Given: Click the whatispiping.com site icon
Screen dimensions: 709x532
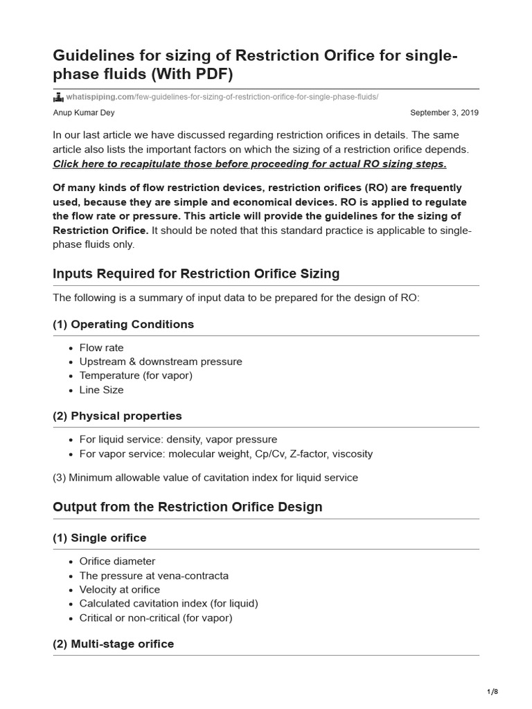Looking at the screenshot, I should (x=58, y=97).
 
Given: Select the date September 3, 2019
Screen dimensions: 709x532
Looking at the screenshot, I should (x=444, y=112).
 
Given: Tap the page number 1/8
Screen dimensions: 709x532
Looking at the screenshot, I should (x=493, y=692).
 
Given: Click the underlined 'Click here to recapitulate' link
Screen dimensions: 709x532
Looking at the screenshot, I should (x=249, y=164).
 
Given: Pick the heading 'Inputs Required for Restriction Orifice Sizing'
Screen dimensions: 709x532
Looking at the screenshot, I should (x=196, y=273).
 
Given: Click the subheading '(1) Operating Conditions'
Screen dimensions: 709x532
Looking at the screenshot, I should (x=123, y=325).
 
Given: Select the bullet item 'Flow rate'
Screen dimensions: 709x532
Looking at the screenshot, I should (x=101, y=348).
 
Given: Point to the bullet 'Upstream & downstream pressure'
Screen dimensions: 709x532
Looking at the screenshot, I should (x=161, y=361).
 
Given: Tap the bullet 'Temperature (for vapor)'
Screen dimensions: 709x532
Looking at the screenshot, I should (x=136, y=376).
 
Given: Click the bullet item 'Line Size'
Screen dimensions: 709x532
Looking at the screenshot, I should (x=101, y=390).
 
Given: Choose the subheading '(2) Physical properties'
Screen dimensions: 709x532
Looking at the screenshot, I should (x=117, y=416).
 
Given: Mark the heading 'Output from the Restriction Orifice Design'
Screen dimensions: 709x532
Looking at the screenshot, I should (x=188, y=507).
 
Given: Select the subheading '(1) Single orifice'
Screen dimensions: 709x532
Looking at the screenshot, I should (x=100, y=538).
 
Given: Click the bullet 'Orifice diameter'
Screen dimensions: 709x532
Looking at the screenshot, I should (x=117, y=562).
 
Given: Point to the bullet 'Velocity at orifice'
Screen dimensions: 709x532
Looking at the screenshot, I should (x=119, y=590).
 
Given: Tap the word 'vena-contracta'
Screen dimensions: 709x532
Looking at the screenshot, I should (x=195, y=575).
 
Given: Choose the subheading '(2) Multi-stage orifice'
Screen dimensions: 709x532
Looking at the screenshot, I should (x=114, y=644).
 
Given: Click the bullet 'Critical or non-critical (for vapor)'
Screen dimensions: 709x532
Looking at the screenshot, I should (x=156, y=618).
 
